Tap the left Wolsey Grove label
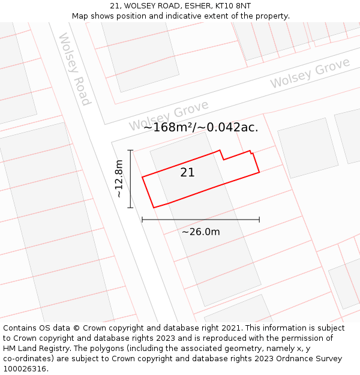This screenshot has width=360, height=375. tap(169, 116)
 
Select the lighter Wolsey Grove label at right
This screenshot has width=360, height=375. tap(310, 73)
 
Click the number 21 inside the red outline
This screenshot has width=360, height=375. tap(187, 173)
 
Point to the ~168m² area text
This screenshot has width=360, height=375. tap(168, 127)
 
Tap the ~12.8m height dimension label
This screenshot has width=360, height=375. tap(119, 178)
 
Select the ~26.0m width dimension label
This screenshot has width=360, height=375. tap(200, 232)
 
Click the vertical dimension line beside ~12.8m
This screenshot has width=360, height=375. tap(130, 178)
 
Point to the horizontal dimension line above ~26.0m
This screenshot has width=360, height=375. tap(200, 220)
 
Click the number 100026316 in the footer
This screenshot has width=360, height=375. tap(25, 369)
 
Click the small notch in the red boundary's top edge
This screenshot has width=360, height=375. tap(223, 156)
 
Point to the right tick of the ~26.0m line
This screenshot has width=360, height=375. tap(259, 220)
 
